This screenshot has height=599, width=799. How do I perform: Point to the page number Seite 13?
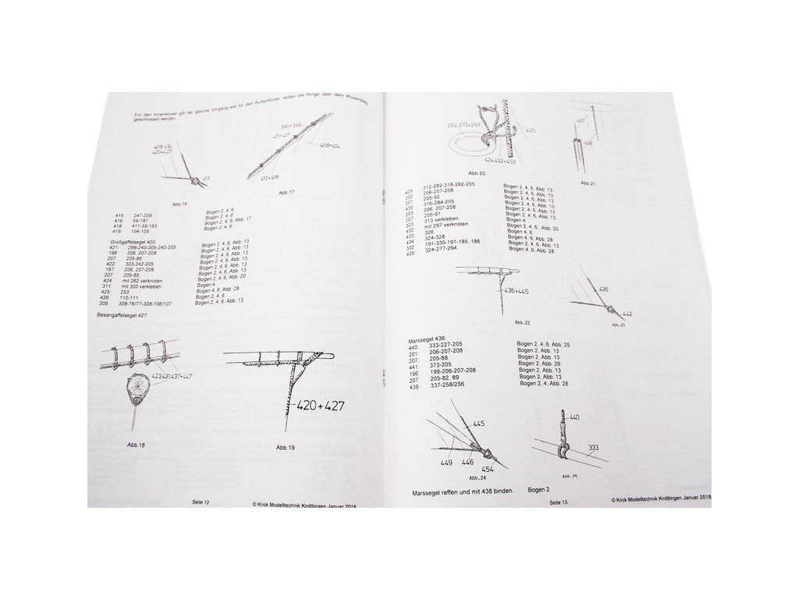tap(559, 503)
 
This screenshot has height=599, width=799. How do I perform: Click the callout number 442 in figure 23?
tap(627, 313)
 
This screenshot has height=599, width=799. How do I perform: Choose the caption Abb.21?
tap(588, 183)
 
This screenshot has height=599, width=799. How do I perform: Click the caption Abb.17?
tap(286, 192)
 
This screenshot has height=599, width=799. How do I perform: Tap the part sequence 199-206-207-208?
tap(449, 370)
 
